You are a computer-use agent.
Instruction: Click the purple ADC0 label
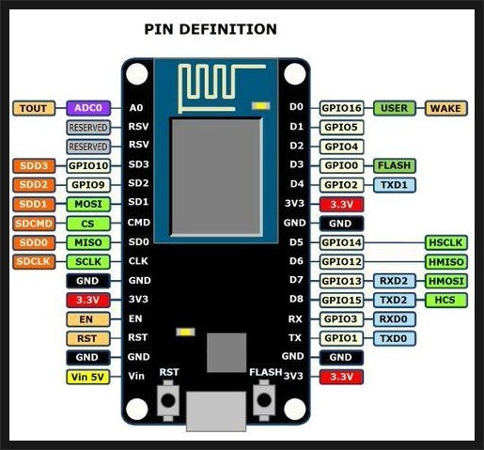pos(88,108)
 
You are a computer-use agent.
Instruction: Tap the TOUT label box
pos(34,108)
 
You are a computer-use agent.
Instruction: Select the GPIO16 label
pos(342,108)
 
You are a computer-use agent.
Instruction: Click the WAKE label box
pos(446,108)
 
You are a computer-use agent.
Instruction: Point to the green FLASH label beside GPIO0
pos(395,165)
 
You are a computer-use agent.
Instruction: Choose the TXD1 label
pos(395,185)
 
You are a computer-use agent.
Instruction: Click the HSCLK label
pos(446,242)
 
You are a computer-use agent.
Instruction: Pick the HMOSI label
pos(446,281)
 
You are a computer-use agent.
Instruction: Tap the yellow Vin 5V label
pos(88,377)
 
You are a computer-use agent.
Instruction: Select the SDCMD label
pos(34,224)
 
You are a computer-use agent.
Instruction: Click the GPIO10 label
pos(88,165)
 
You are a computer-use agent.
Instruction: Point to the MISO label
pos(88,242)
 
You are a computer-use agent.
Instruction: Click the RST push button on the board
pos(168,400)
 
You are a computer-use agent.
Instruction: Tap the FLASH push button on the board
pos(264,400)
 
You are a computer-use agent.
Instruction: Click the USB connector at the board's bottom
pos(216,411)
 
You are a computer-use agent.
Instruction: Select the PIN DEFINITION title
pos(211,29)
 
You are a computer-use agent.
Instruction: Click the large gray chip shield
pos(216,177)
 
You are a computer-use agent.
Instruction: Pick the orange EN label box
pos(88,319)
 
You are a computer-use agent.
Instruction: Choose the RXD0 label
pos(395,319)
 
